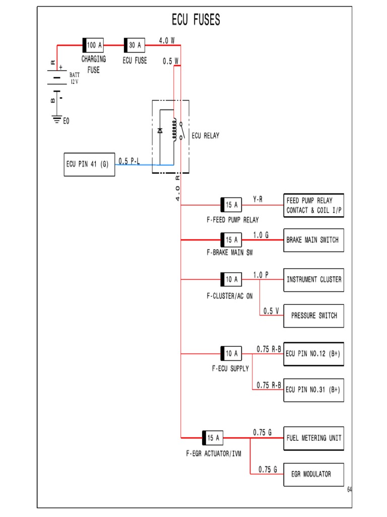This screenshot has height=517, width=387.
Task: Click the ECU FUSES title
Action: point(196,20)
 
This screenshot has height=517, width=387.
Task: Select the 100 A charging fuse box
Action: point(93,45)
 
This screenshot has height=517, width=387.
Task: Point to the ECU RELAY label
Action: point(206,136)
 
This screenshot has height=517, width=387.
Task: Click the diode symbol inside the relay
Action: point(160,130)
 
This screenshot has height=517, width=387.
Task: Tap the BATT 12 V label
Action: point(74,78)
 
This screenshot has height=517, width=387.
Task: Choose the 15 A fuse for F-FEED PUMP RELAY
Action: point(231,205)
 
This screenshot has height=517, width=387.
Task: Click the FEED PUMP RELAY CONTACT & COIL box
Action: point(314,205)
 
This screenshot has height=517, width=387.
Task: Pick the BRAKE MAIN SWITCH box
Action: point(314,240)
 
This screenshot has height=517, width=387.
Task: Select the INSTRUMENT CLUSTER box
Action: point(314,280)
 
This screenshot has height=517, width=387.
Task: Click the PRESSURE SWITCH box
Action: point(314,316)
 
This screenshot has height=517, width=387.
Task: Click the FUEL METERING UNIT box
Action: point(314,438)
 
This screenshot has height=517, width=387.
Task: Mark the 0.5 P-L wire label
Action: point(130,161)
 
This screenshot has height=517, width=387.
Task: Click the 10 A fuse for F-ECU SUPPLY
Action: point(231,353)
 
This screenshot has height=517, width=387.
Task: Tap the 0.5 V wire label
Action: point(271,311)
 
